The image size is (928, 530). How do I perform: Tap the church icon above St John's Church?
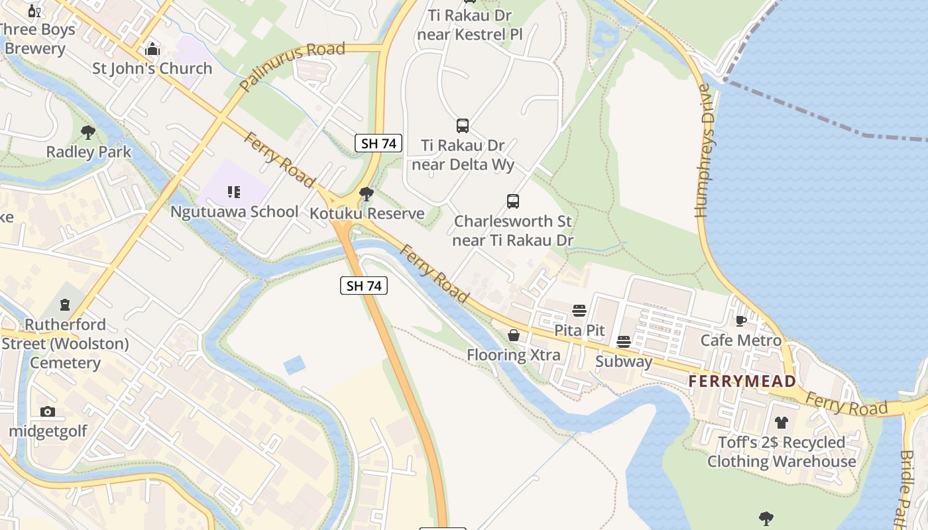click(x=152, y=49)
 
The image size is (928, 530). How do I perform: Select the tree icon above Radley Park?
click(x=87, y=132)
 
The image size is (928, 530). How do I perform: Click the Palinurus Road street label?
click(x=292, y=67)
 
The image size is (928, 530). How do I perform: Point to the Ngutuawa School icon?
click(x=233, y=193)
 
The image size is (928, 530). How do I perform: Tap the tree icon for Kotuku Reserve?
click(x=366, y=194)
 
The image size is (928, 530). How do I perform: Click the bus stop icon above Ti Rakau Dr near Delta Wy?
click(x=463, y=126)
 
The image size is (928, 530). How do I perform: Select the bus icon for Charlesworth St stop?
click(x=512, y=201)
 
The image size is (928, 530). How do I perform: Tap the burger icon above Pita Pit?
click(x=579, y=311)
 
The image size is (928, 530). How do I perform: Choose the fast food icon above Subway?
click(x=624, y=342)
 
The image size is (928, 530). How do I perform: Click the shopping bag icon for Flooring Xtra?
click(x=514, y=336)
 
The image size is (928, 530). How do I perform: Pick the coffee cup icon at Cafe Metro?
click(x=741, y=321)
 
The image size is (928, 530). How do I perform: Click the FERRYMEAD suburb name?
click(x=742, y=382)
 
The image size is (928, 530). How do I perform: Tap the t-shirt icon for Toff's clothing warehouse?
click(x=782, y=423)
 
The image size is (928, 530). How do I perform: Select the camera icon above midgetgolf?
click(x=47, y=411)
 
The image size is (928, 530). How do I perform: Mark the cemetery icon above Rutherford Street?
click(x=65, y=305)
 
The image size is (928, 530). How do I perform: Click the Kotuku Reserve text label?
click(x=367, y=213)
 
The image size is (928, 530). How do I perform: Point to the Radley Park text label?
click(x=88, y=152)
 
